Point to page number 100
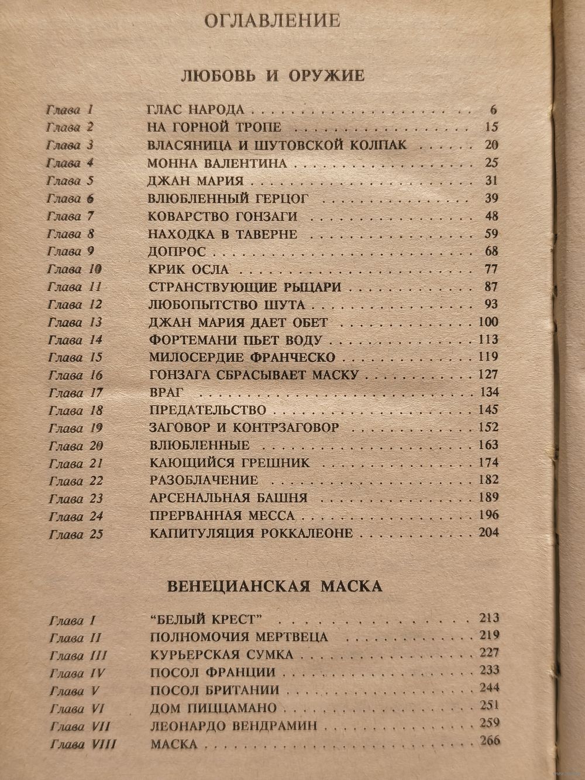pyautogui.click(x=487, y=322)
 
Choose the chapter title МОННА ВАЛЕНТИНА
pyautogui.click(x=218, y=163)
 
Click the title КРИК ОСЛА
pyautogui.click(x=188, y=270)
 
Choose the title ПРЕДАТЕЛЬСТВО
pyautogui.click(x=208, y=410)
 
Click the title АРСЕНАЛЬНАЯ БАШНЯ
pyautogui.click(x=228, y=498)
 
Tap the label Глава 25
pyautogui.click(x=77, y=534)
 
